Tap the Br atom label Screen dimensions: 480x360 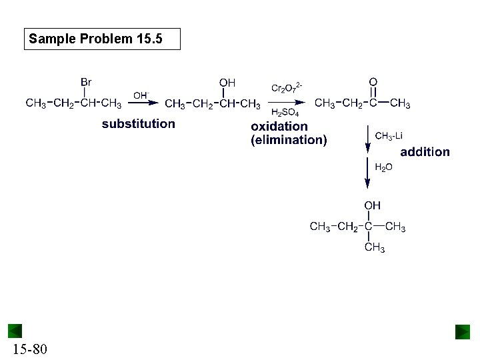coord(86,82)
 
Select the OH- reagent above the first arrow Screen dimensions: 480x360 coord(141,95)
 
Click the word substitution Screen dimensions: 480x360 coord(138,123)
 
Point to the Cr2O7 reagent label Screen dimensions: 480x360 coord(287,88)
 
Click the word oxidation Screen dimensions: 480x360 coord(279,126)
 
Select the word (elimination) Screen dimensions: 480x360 coord(289,140)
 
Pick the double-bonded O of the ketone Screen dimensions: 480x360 coord(373,82)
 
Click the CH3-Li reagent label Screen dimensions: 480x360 coord(389,136)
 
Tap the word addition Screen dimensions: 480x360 coord(425,152)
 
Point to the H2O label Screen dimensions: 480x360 coord(383,167)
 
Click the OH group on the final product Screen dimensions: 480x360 coord(372,206)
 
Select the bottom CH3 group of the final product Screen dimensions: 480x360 coord(374,248)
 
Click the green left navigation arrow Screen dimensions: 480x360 coord(15,331)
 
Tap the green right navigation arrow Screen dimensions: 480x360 coord(463,332)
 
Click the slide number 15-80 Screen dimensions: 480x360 coord(29,349)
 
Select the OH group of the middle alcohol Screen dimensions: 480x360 coord(227,83)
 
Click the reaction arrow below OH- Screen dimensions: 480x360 coord(144,103)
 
